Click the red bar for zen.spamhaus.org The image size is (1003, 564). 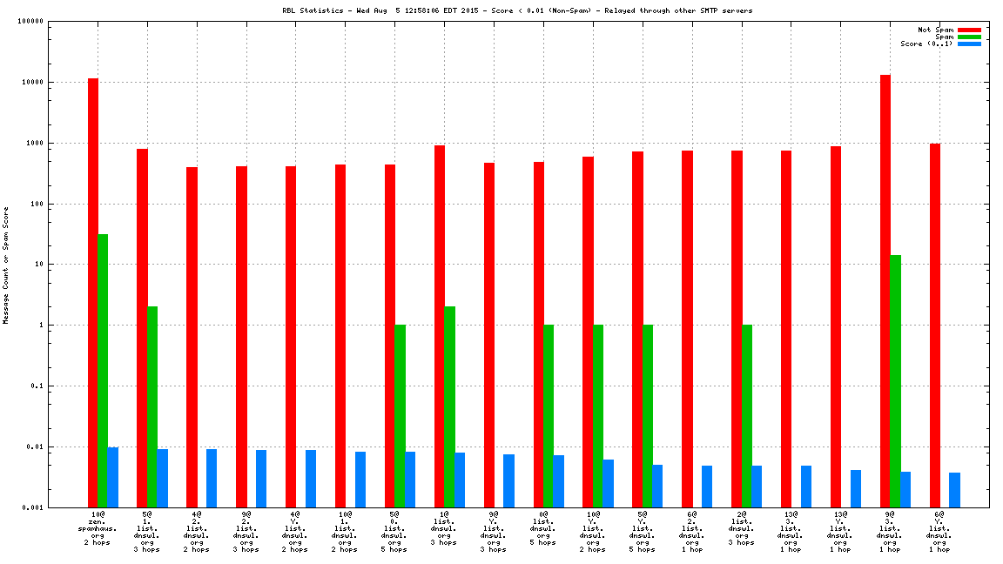(x=93, y=292)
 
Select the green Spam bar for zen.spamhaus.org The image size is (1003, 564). (x=103, y=370)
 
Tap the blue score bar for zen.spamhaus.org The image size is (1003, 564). (x=113, y=477)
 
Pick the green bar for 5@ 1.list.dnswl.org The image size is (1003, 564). (x=152, y=406)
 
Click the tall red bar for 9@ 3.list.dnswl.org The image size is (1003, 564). (x=885, y=291)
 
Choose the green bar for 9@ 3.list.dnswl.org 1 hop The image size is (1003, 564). (x=895, y=381)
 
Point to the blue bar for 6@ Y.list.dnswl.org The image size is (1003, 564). (x=954, y=490)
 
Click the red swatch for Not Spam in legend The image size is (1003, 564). (x=969, y=30)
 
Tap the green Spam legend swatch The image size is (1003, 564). (x=969, y=37)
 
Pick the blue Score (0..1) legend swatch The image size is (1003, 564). (x=969, y=44)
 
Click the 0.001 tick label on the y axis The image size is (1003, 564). (x=33, y=507)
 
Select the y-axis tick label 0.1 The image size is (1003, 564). (x=37, y=386)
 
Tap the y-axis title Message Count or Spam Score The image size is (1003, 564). (x=6, y=265)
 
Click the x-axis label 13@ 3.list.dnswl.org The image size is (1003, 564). (x=791, y=532)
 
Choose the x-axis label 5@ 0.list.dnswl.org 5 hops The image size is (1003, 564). (x=394, y=532)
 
